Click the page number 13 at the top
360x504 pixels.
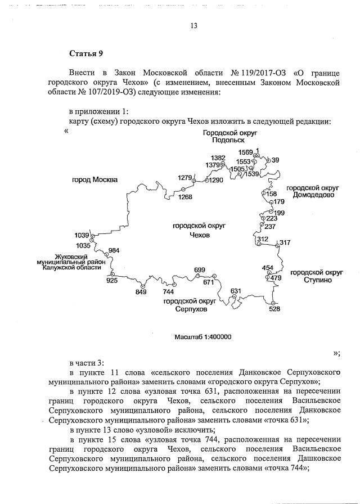click(194, 26)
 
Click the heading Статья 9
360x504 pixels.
click(86, 54)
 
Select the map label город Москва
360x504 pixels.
click(94, 180)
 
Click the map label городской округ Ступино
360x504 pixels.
click(314, 276)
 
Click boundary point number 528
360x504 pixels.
click(274, 308)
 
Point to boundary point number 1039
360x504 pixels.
click(82, 235)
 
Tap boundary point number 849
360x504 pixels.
click(141, 292)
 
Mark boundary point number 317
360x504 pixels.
click(285, 242)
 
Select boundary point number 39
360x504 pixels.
click(275, 160)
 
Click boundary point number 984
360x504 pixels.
click(114, 250)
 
